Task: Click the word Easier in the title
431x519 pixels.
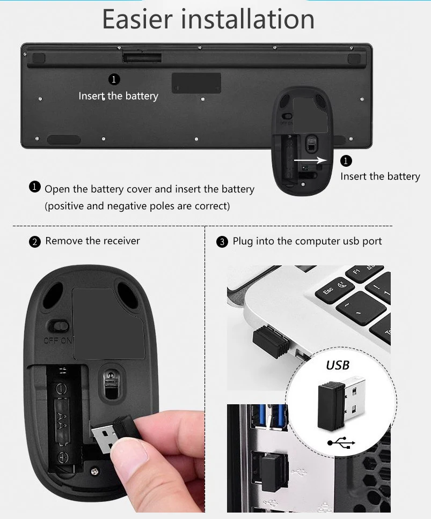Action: tap(137, 19)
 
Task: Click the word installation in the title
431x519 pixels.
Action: tap(248, 19)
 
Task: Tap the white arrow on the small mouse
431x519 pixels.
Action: tap(310, 160)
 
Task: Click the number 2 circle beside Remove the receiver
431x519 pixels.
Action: tap(35, 242)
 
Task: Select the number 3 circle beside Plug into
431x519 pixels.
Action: tap(222, 242)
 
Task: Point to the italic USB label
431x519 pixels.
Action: tap(338, 365)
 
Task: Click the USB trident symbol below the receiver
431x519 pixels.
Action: tap(341, 442)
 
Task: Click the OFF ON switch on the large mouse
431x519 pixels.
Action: tap(58, 327)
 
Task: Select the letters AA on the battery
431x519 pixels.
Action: tap(61, 419)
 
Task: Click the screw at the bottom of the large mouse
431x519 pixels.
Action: tap(95, 471)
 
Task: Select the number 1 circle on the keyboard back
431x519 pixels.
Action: tap(114, 79)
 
